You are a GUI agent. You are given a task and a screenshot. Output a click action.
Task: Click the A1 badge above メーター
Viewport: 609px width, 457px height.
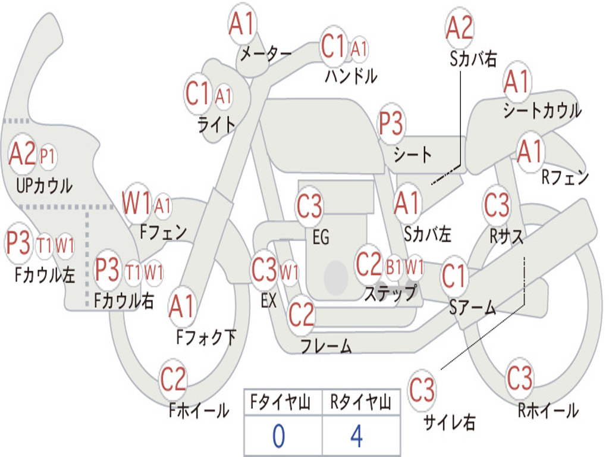pos(242,24)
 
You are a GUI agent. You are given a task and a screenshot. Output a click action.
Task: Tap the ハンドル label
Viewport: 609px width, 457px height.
pos(351,76)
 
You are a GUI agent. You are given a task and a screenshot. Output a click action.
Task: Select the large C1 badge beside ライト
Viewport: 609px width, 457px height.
pos(198,94)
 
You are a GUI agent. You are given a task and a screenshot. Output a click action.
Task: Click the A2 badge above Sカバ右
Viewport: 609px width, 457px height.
pos(460,27)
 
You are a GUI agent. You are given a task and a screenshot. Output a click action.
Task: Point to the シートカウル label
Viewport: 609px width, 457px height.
pos(542,111)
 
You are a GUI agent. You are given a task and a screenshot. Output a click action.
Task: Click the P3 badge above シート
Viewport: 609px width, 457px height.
pos(391,124)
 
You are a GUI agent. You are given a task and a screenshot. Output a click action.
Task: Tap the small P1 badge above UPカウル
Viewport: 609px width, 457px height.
pos(48,156)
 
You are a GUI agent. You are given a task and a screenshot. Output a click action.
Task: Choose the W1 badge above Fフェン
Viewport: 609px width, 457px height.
pos(137,204)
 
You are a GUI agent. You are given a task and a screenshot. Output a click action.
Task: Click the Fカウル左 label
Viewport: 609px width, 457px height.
pos(45,274)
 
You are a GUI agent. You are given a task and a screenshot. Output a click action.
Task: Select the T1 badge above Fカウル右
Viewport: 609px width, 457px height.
pos(133,272)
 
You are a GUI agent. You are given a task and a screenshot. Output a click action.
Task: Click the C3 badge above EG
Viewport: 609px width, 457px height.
pos(309,206)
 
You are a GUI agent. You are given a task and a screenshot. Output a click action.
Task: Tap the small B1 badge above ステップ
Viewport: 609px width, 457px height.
pos(394,267)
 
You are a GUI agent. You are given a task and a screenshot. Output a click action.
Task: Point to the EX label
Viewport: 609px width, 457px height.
pos(268,301)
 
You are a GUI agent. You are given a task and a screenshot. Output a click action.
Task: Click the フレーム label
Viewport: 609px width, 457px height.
pos(326,346)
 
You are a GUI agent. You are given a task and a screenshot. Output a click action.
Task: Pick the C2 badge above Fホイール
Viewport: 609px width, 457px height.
pos(173,379)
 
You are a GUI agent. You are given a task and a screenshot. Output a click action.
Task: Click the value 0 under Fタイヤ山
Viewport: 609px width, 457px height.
pos(278,436)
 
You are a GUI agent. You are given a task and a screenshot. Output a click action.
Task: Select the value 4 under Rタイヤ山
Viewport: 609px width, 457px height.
pos(357,436)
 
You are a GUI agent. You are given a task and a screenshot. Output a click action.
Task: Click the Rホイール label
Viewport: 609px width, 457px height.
pos(548,410)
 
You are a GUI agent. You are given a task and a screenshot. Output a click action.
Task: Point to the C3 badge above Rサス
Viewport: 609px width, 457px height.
pos(497,205)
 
